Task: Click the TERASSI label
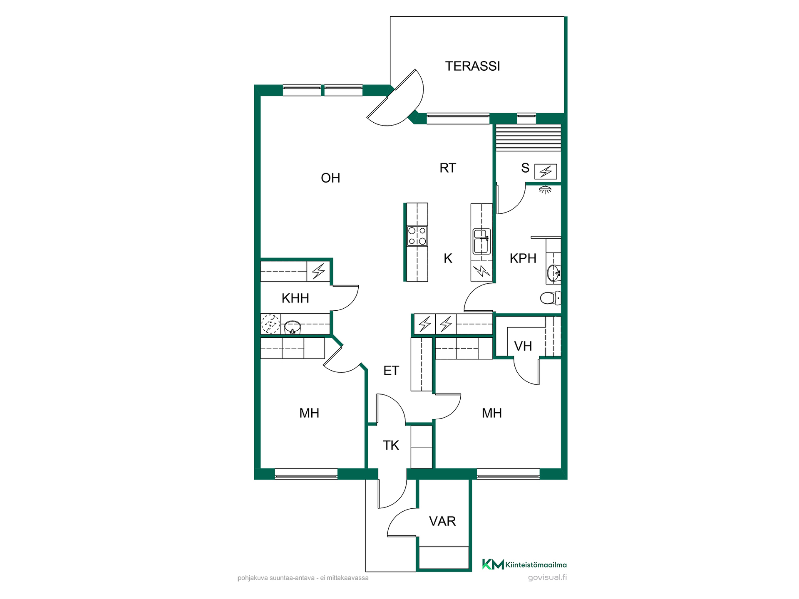tap(472, 66)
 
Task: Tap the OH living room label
tap(330, 178)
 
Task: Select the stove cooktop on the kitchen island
tap(417, 235)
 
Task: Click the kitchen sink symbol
tap(481, 241)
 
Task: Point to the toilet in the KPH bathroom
tap(550, 298)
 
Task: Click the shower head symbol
tap(545, 190)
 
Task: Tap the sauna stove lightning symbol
tap(546, 171)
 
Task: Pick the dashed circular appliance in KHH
tap(270, 324)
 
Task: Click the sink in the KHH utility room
tap(293, 327)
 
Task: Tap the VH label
tap(523, 346)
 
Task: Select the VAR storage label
tap(442, 521)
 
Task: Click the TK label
tap(391, 446)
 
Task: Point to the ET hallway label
tap(391, 371)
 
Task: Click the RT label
tap(448, 168)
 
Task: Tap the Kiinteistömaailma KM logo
tap(524, 564)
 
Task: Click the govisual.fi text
tap(547, 577)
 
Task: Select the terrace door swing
tap(395, 98)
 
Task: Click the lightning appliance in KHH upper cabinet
tap(318, 271)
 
